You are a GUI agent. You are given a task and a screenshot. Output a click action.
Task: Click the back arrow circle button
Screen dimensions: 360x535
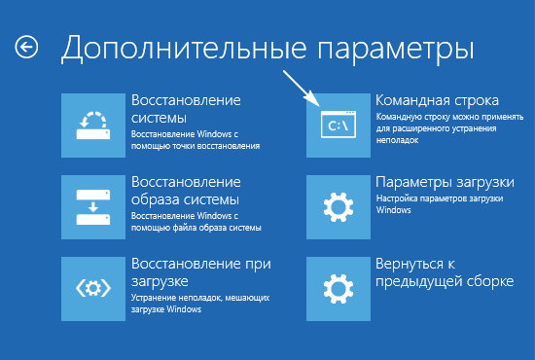27,46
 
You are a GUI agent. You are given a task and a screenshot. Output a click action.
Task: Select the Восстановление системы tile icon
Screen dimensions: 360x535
92,126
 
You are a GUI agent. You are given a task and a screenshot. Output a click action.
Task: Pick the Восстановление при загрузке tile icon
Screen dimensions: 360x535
92,289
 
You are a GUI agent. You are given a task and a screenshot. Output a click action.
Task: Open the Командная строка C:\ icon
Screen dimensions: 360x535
338,126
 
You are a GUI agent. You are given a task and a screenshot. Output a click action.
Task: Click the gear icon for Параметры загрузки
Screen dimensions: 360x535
338,207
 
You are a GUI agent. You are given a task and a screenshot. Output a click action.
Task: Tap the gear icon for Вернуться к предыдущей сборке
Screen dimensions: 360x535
338,289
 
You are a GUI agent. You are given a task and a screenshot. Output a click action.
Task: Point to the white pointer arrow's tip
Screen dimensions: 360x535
318,104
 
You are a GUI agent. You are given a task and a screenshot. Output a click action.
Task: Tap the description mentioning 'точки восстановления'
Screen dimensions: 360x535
195,139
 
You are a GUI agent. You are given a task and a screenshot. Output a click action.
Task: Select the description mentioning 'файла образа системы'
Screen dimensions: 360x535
195,221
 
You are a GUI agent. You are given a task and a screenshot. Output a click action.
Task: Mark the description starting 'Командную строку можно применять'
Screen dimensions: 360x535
443,132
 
